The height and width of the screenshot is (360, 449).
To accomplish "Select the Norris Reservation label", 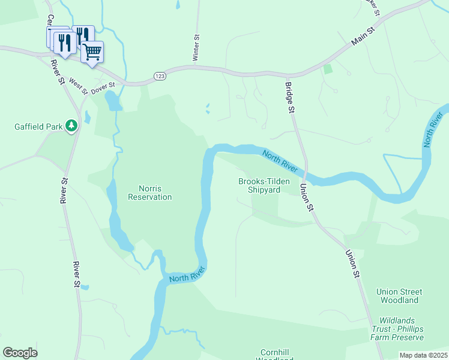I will (150, 192).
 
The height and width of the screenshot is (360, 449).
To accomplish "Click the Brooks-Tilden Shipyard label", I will (259, 185).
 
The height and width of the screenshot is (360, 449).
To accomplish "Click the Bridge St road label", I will (289, 98).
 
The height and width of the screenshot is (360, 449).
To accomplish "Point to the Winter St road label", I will (196, 47).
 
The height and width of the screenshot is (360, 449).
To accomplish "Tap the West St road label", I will (78, 86).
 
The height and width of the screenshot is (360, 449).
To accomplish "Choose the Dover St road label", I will (103, 87).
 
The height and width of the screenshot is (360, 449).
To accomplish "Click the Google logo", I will (20, 353).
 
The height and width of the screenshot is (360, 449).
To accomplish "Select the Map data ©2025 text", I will (423, 355).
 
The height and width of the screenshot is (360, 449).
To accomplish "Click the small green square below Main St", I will (327, 68).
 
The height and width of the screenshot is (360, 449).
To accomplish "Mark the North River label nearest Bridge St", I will (280, 163).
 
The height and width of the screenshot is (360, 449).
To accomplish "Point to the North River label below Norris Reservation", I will (187, 275).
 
